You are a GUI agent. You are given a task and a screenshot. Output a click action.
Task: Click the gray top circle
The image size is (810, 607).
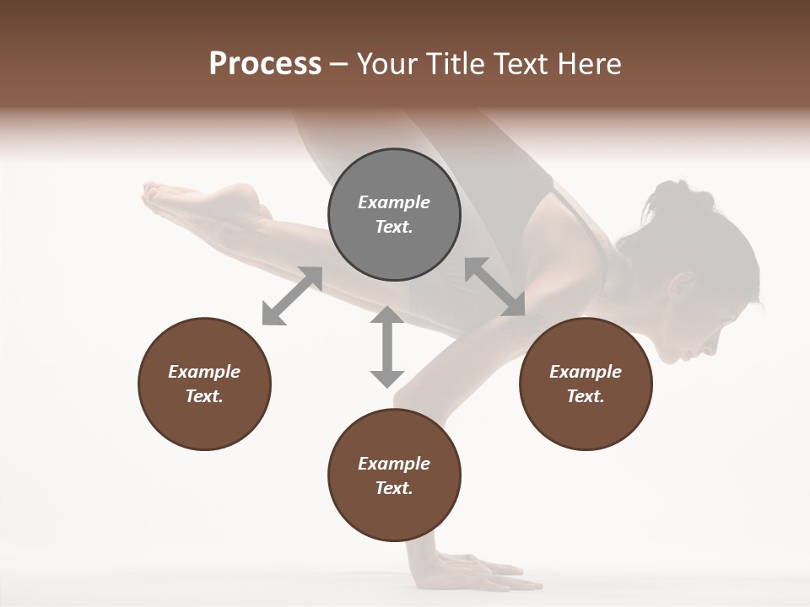point(394,215)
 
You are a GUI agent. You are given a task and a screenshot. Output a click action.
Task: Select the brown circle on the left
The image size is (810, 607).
point(204,384)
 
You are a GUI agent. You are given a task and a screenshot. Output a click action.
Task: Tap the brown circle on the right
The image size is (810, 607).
point(586,384)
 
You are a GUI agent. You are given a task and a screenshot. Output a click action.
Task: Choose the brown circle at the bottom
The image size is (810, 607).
point(394,475)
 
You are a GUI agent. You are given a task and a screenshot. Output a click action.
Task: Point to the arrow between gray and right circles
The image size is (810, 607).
point(494,287)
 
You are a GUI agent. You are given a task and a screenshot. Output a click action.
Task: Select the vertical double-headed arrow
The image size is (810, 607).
point(387,346)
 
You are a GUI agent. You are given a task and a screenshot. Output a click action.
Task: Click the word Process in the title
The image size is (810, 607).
point(265,64)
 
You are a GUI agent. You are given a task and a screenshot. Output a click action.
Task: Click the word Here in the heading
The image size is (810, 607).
point(591,64)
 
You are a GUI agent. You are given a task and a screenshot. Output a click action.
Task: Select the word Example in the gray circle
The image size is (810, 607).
point(394,202)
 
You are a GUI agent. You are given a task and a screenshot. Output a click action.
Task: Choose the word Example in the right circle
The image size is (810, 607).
point(586,372)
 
